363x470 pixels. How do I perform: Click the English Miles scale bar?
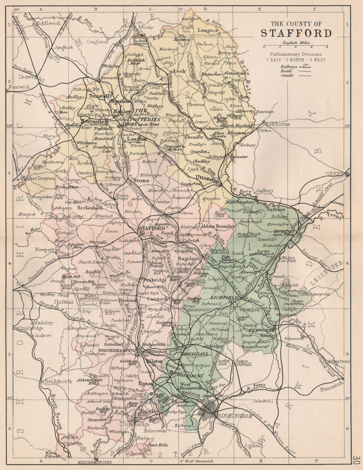click(x=296, y=46)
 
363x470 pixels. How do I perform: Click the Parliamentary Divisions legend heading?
click(x=296, y=54)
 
